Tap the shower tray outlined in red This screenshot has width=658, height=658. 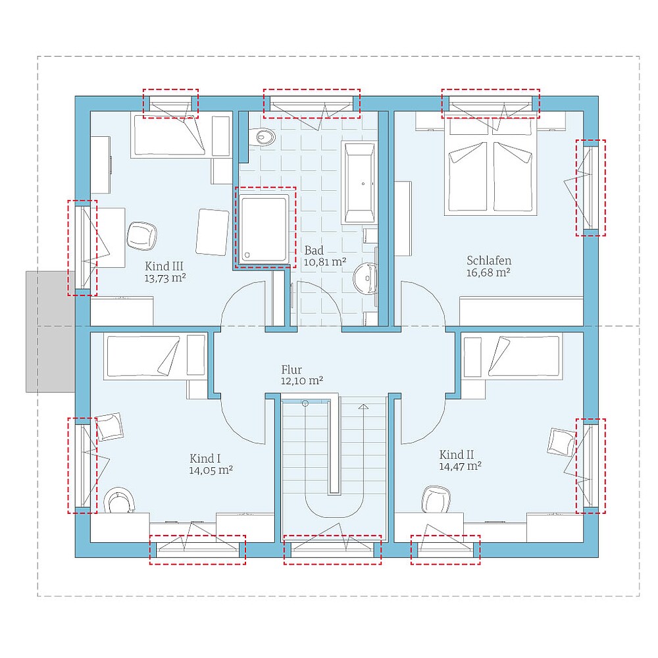coord(265,227)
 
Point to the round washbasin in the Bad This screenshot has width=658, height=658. coord(364,279)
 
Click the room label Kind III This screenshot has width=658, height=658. coord(164,266)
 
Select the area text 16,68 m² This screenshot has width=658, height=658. coord(488,272)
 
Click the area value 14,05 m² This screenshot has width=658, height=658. coord(211,470)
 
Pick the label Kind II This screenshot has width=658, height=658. coord(457,455)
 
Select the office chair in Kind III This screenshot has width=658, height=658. coord(142,236)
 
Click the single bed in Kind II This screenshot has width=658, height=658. coord(512,356)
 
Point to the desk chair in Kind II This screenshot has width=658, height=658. coord(436,499)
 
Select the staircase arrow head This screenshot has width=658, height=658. coord(363,407)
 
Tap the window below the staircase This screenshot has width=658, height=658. coord(332,548)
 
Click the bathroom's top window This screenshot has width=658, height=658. coord(311,103)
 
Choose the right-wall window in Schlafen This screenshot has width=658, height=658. coord(590,187)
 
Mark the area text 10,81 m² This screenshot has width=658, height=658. coord(325,262)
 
